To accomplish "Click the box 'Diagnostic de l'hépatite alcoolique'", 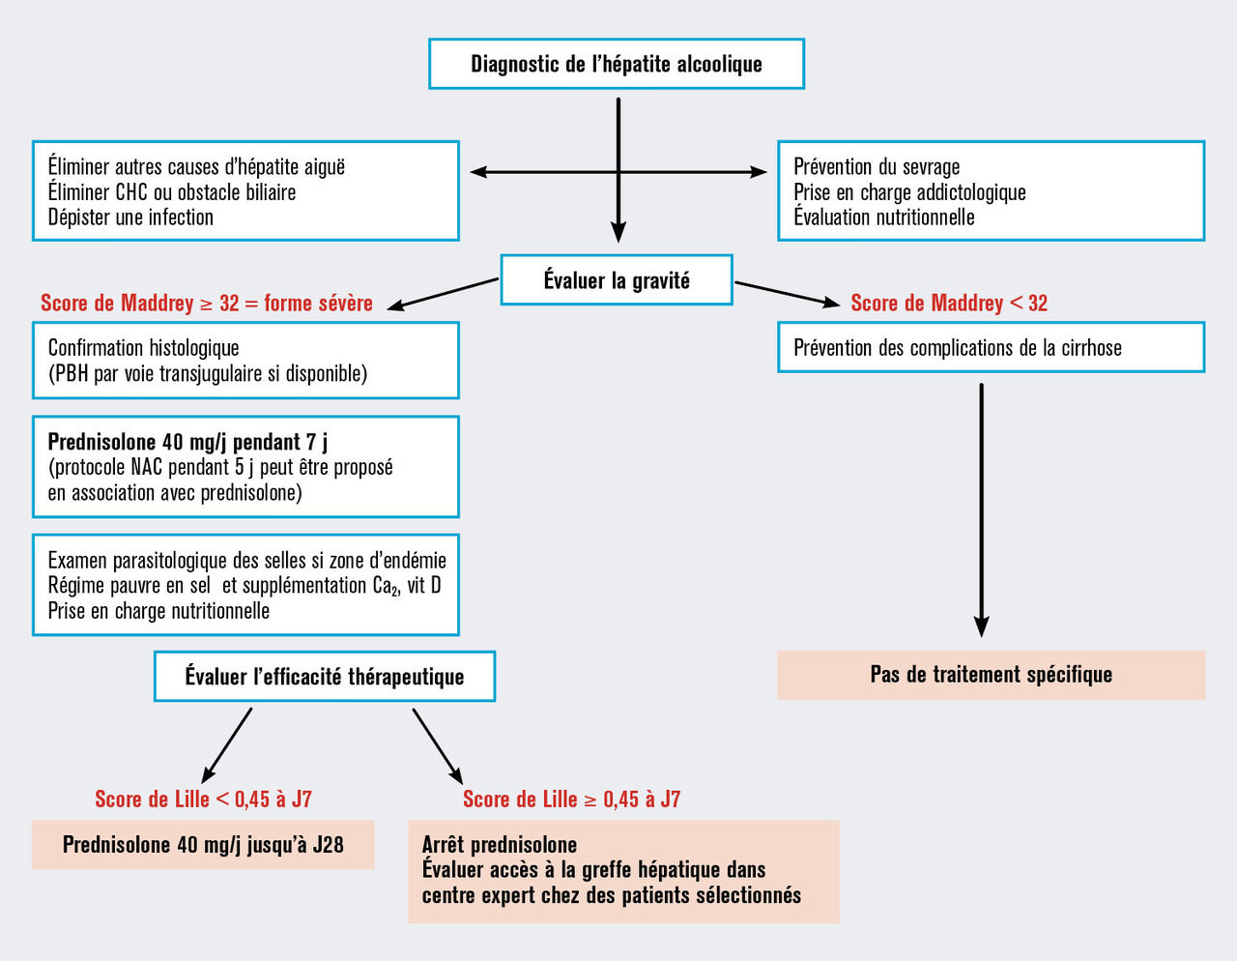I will click(617, 64).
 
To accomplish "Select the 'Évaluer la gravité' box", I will click(617, 280).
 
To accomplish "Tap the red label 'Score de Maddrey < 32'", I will click(948, 303).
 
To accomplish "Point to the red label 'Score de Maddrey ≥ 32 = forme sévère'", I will click(206, 303).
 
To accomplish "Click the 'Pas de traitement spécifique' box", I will click(991, 674).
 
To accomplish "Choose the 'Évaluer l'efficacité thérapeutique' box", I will click(325, 676).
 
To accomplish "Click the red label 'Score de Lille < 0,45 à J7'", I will click(203, 799).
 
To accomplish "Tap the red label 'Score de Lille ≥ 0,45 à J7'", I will click(571, 799).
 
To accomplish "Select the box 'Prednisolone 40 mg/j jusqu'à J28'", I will click(203, 844).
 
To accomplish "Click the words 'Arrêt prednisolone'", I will click(499, 844).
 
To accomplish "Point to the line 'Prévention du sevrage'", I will click(877, 166).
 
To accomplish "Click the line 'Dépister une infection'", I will click(130, 217).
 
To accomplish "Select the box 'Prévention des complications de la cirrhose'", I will click(991, 347).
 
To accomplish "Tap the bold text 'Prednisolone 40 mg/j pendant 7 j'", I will click(187, 442).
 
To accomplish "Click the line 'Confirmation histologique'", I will click(143, 347).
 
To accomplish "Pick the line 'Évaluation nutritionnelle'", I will click(883, 217).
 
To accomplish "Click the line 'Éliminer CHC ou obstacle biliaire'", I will click(172, 191).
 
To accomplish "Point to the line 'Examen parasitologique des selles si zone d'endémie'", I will click(246, 560).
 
